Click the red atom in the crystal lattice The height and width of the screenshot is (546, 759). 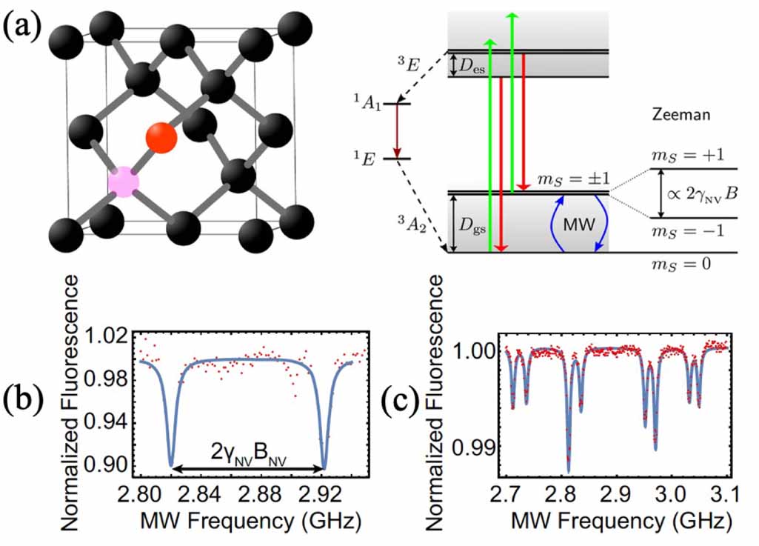(x=161, y=137)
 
